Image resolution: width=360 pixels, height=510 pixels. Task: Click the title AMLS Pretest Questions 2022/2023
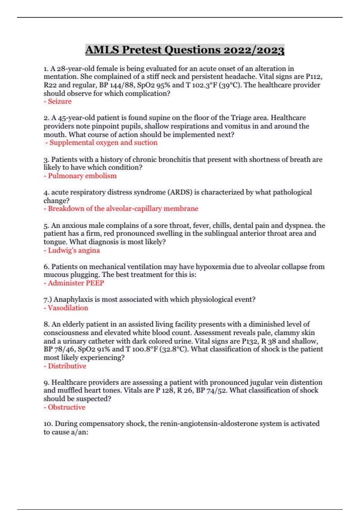185,50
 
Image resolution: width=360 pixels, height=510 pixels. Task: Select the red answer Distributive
67,366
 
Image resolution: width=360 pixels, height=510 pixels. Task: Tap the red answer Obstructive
66,407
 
